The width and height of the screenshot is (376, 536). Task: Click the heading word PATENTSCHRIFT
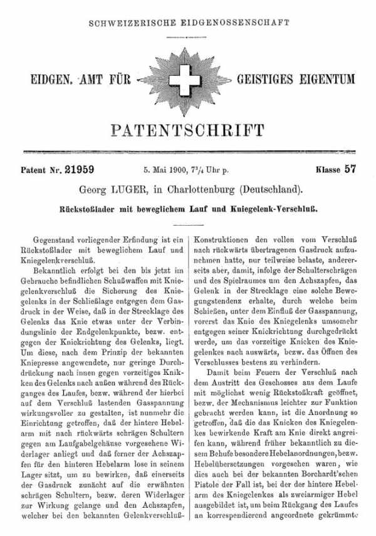187,130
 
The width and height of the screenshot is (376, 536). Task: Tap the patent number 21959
81,169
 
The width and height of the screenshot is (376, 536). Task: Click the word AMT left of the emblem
91,80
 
